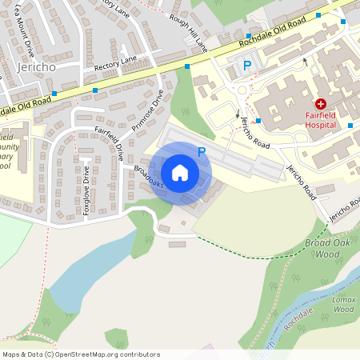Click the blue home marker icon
[x=180, y=173]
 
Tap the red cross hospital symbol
[x=321, y=104]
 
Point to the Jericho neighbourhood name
[x=34, y=67]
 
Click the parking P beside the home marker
[x=202, y=150]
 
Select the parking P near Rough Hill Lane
[x=247, y=65]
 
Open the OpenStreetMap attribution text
[x=81, y=354]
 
